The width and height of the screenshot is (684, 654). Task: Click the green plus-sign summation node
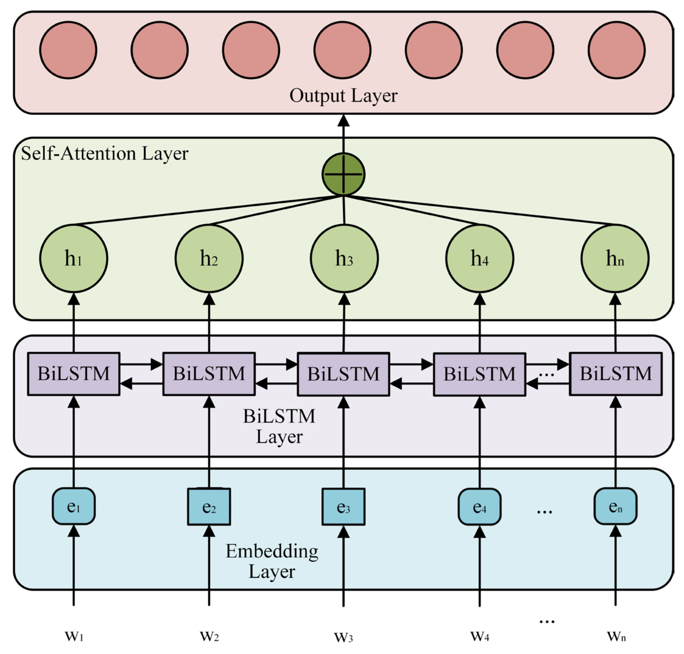pyautogui.click(x=343, y=174)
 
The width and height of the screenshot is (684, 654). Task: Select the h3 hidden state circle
pyautogui.click(x=344, y=258)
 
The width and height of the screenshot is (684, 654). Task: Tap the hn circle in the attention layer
pyautogui.click(x=615, y=258)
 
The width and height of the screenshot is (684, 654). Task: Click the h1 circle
pyautogui.click(x=73, y=258)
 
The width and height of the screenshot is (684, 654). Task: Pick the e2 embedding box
pyautogui.click(x=209, y=506)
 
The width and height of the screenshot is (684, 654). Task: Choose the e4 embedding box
pyautogui.click(x=479, y=506)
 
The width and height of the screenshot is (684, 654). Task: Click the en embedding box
pyautogui.click(x=615, y=506)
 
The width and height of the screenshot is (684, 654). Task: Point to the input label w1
pyautogui.click(x=74, y=636)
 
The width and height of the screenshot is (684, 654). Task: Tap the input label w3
pyautogui.click(x=343, y=637)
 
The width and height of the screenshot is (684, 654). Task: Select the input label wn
pyautogui.click(x=616, y=636)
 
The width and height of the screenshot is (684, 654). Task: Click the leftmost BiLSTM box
pyautogui.click(x=74, y=374)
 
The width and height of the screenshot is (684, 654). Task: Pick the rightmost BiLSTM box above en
pyautogui.click(x=615, y=374)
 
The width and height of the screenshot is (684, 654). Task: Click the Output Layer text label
pyautogui.click(x=343, y=96)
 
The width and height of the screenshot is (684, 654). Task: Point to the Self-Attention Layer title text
pyautogui.click(x=104, y=153)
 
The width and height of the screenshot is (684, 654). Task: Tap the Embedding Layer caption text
pyautogui.click(x=272, y=561)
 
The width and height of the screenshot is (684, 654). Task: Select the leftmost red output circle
pyautogui.click(x=68, y=50)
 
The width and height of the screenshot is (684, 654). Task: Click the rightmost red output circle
pyautogui.click(x=616, y=50)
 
